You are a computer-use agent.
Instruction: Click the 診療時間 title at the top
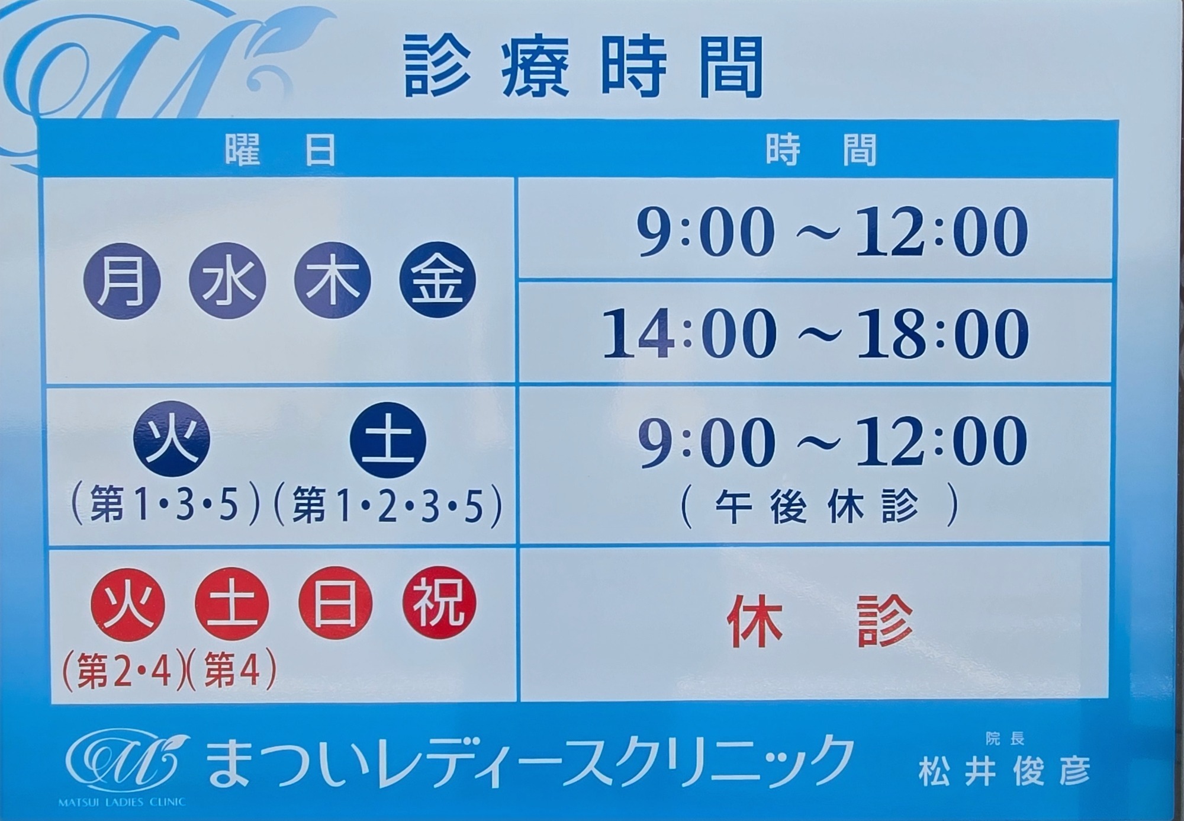pos(584,66)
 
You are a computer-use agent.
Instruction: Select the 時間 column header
pos(821,149)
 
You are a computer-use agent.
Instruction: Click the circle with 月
pos(123,281)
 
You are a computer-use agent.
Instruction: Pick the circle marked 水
pos(227,281)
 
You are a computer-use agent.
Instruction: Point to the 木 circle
pos(332,281)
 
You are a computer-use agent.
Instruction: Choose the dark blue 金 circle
pos(437,281)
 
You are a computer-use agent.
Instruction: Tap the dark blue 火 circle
pos(172,439)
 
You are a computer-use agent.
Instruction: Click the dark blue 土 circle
pos(388,439)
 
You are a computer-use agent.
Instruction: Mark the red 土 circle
pos(232,604)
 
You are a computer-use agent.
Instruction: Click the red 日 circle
pos(336,604)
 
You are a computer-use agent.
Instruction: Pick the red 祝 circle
pos(439,604)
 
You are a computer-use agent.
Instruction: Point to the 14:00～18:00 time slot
pos(816,333)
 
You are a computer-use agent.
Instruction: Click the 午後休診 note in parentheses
pos(819,507)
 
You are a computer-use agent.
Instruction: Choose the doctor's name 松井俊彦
pos(1005,771)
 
